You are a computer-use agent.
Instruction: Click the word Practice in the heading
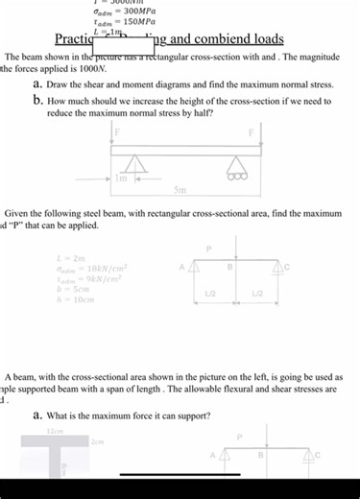pos(74,40)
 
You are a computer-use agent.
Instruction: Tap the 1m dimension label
pos(122,178)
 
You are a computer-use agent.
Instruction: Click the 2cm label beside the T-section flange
pos(96,442)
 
